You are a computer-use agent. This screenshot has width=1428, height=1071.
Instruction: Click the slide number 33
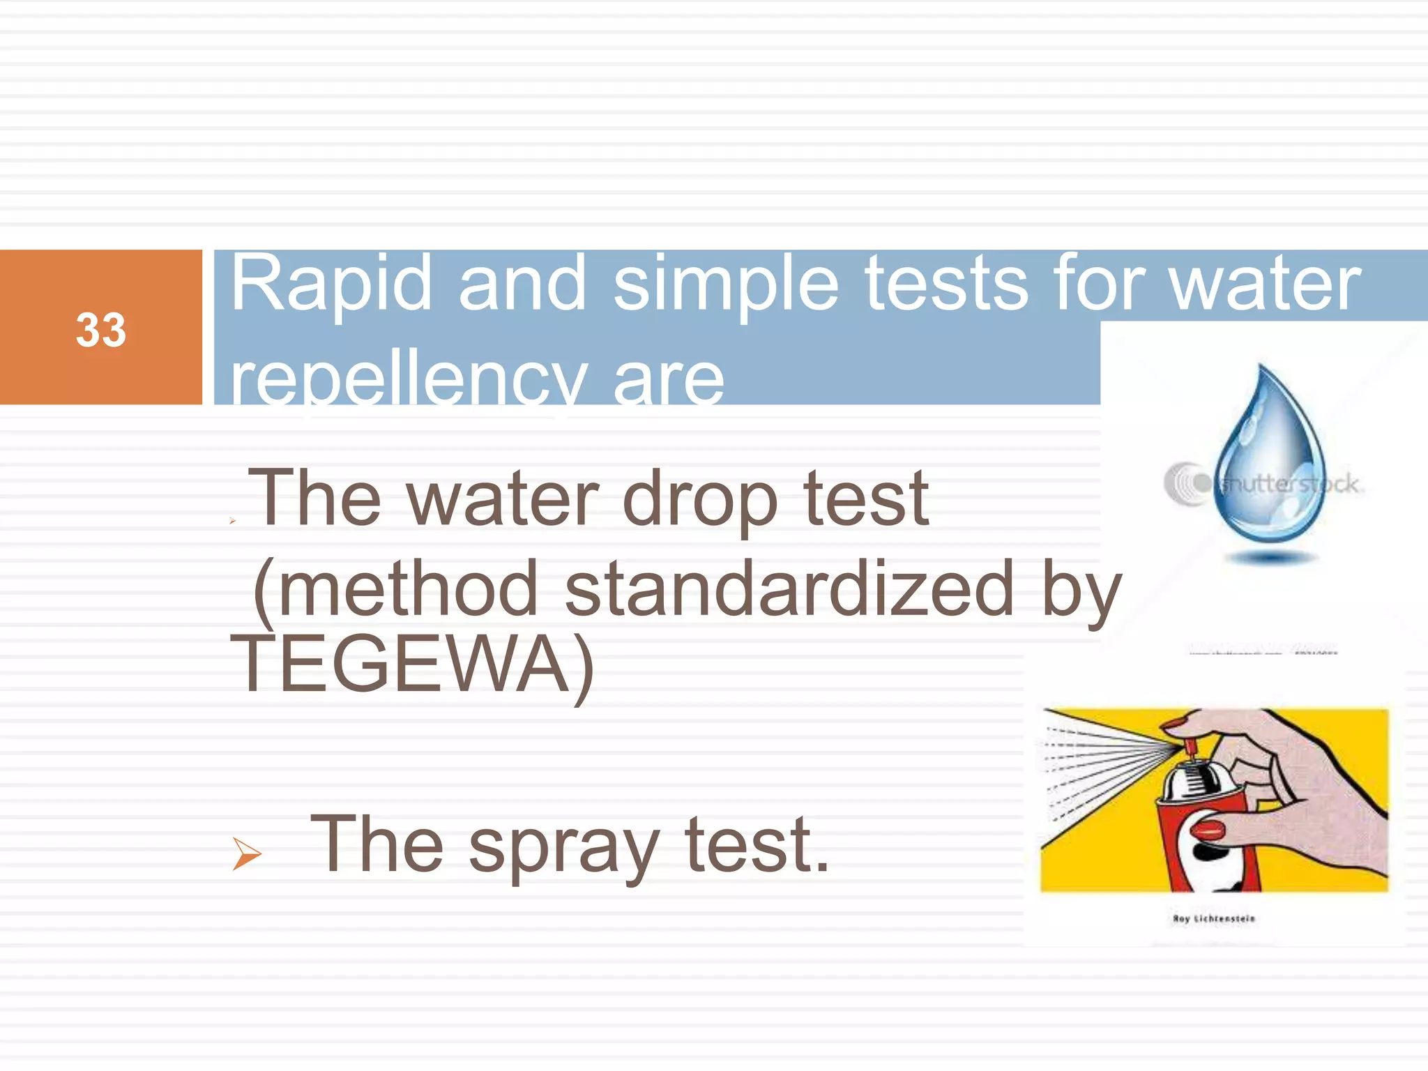coord(101,330)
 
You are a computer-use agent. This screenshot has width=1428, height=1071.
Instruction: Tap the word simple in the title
coord(725,284)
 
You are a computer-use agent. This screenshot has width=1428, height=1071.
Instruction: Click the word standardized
coord(788,589)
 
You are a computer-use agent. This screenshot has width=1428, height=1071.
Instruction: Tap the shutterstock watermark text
coord(1290,484)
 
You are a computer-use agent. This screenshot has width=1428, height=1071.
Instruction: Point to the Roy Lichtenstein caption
coord(1214,919)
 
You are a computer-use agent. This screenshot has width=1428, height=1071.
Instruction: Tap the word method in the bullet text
coord(408,589)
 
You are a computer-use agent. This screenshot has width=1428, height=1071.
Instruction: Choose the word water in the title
coord(1265,284)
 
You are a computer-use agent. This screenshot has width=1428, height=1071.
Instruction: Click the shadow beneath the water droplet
coord(1270,558)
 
